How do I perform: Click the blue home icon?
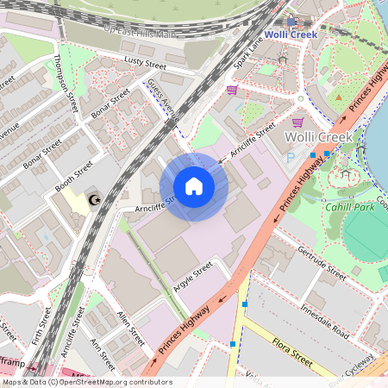pyautogui.click(x=194, y=186)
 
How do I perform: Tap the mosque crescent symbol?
pyautogui.click(x=96, y=199)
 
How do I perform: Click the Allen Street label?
pyautogui.click(x=130, y=323)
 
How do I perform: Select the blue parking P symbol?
pyautogui.click(x=290, y=158)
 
